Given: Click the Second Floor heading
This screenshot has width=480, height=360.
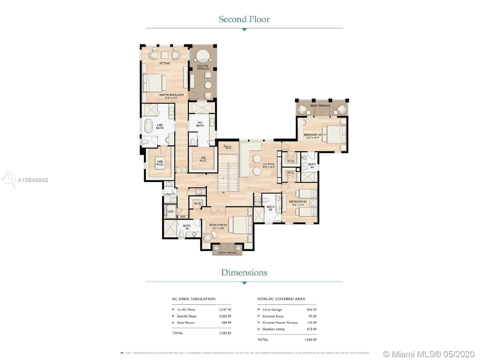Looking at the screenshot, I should (x=244, y=19).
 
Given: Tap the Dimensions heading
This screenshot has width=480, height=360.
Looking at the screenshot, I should (x=244, y=272).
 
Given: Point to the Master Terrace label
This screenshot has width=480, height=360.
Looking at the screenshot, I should (x=203, y=67).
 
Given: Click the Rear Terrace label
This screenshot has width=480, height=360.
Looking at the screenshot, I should (x=320, y=106).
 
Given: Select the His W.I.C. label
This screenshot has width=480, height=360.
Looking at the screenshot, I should (x=203, y=159).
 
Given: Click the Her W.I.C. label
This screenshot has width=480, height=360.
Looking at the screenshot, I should (x=160, y=163).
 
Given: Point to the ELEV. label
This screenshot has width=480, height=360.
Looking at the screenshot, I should (x=171, y=211).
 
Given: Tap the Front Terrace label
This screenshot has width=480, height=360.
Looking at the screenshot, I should (x=227, y=253).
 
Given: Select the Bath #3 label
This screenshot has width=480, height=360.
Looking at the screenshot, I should (x=271, y=208).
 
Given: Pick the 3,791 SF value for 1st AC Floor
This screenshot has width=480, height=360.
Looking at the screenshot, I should (x=225, y=310).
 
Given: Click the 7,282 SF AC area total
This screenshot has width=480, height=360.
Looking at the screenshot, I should (x=225, y=333).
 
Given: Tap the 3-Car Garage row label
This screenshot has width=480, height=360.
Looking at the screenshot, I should (x=272, y=310).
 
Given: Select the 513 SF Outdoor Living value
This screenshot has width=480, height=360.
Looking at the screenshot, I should (x=312, y=329).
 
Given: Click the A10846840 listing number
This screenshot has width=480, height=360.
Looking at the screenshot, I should (x=33, y=180).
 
